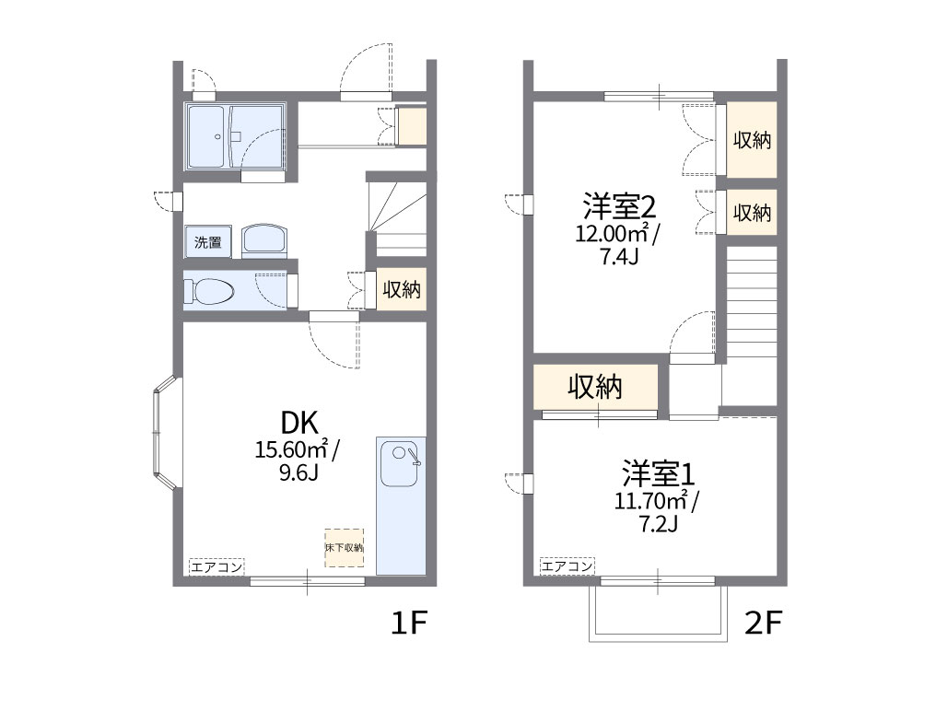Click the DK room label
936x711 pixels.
pyautogui.click(x=298, y=424)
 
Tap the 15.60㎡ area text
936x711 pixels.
pyautogui.click(x=292, y=450)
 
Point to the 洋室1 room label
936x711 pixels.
pyautogui.click(x=657, y=474)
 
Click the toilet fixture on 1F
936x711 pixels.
pyautogui.click(x=210, y=291)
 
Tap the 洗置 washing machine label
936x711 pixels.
pyautogui.click(x=207, y=243)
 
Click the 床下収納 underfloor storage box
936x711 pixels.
pyautogui.click(x=344, y=547)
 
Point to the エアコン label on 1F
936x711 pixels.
pyautogui.click(x=216, y=566)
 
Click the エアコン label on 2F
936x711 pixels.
pyautogui.click(x=567, y=566)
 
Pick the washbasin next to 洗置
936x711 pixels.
pyautogui.click(x=265, y=240)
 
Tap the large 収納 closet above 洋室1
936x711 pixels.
pyautogui.click(x=595, y=387)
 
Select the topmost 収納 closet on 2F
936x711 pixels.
pyautogui.click(x=752, y=140)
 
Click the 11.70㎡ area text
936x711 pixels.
pyautogui.click(x=651, y=501)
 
